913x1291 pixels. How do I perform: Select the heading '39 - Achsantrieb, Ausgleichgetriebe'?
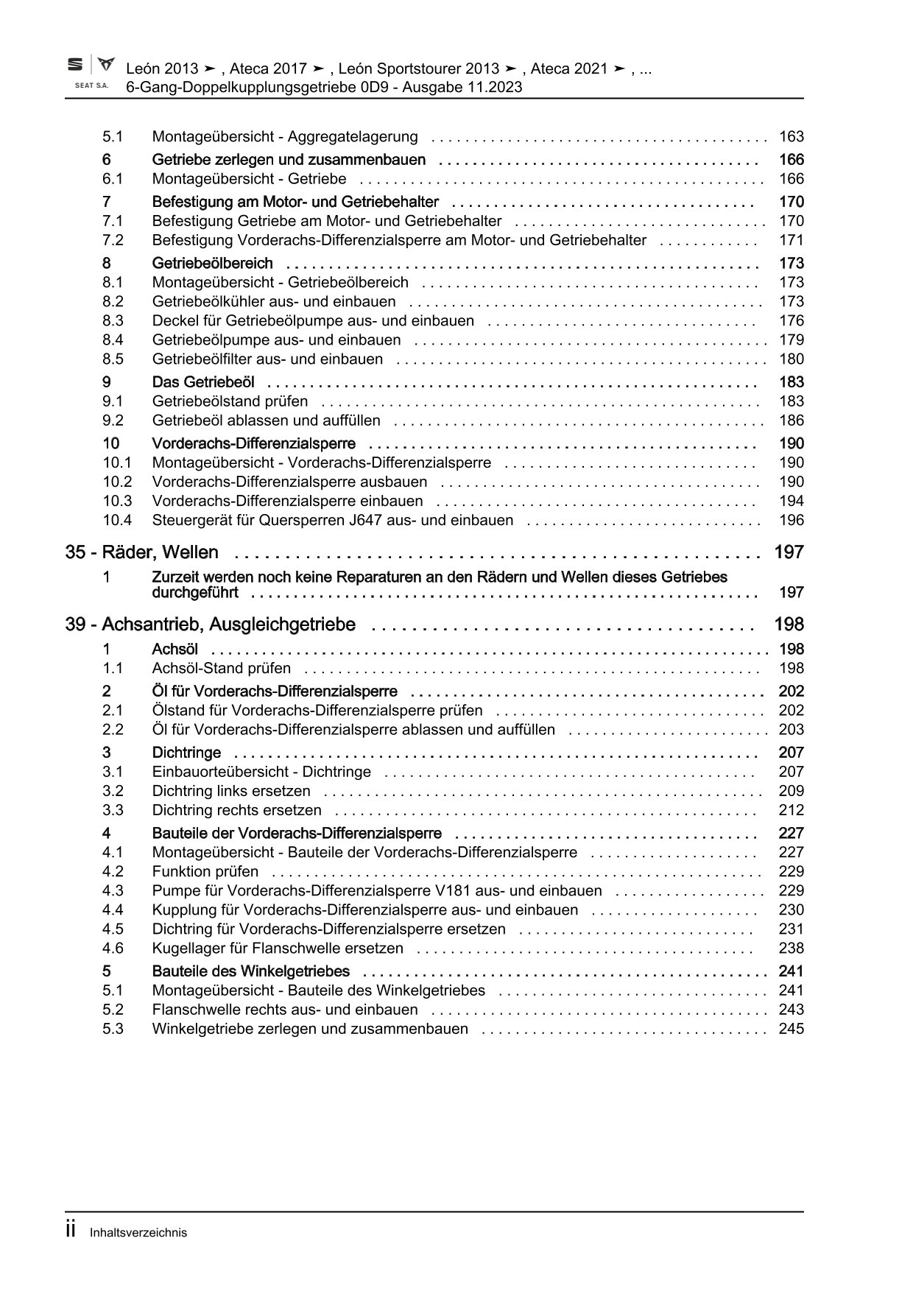click(210, 625)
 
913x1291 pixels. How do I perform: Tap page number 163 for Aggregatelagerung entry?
click(792, 137)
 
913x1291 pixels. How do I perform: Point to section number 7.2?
click(113, 240)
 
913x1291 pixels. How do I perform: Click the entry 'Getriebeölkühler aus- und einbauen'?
click(273, 302)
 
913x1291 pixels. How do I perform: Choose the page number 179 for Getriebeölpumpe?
click(792, 340)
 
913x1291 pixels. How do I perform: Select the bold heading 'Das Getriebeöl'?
click(203, 382)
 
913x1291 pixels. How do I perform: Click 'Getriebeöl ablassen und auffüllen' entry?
click(266, 421)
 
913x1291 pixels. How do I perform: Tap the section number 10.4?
click(117, 521)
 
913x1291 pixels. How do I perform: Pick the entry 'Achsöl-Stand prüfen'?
click(221, 669)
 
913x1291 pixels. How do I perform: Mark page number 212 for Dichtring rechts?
click(792, 811)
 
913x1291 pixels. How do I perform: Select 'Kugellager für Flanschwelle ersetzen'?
click(278, 949)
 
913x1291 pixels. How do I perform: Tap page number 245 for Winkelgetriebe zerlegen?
click(792, 1030)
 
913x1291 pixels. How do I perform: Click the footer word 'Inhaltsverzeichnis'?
click(138, 1233)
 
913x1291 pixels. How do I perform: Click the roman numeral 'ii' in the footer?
click(71, 1231)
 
